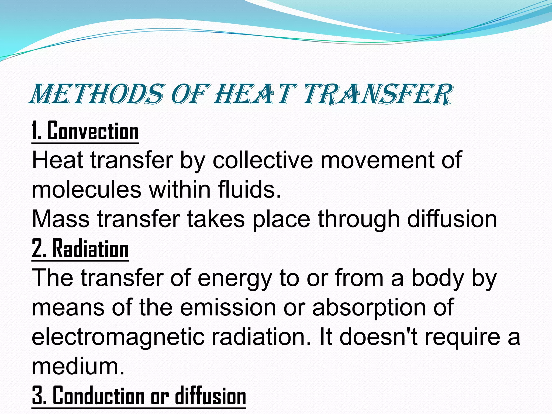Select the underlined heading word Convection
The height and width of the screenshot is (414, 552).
93,131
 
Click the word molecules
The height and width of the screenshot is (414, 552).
87,190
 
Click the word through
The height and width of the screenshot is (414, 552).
359,220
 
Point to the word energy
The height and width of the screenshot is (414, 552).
234,279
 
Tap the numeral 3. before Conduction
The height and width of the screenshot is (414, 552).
39,396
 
